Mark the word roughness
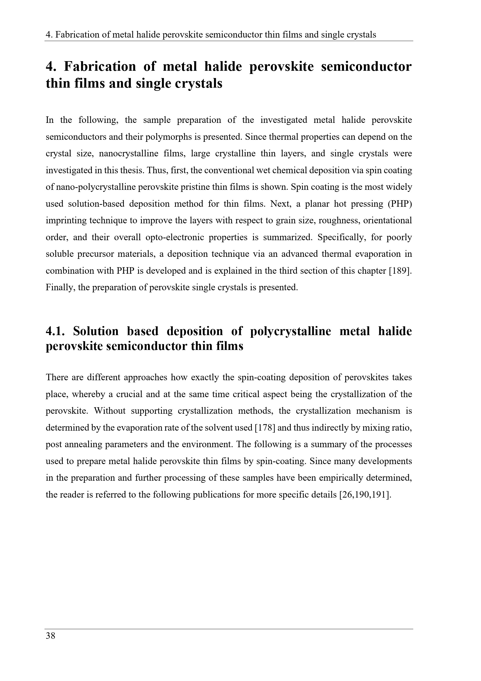click(x=337, y=220)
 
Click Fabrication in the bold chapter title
click(x=100, y=66)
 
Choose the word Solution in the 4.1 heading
click(x=96, y=331)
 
